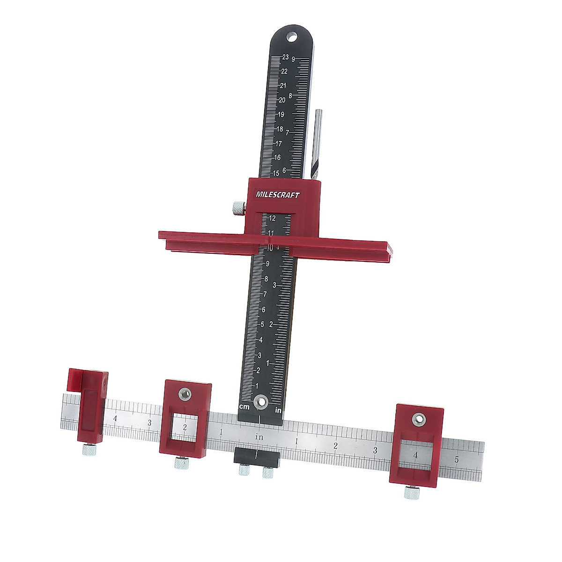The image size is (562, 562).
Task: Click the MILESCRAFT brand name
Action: tap(277, 194)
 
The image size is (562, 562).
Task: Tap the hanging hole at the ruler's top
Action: tap(291, 37)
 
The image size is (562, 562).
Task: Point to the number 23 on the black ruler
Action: tap(285, 57)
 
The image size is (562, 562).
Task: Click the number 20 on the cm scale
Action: tap(282, 100)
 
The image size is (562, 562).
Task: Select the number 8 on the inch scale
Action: tap(290, 96)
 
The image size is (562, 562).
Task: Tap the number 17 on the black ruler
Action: tap(279, 143)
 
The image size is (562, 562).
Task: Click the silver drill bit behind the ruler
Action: tap(317, 144)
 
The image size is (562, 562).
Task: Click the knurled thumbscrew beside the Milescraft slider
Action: tap(239, 208)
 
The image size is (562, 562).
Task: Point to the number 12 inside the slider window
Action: tap(272, 218)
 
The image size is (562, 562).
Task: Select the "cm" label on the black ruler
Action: tap(244, 407)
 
